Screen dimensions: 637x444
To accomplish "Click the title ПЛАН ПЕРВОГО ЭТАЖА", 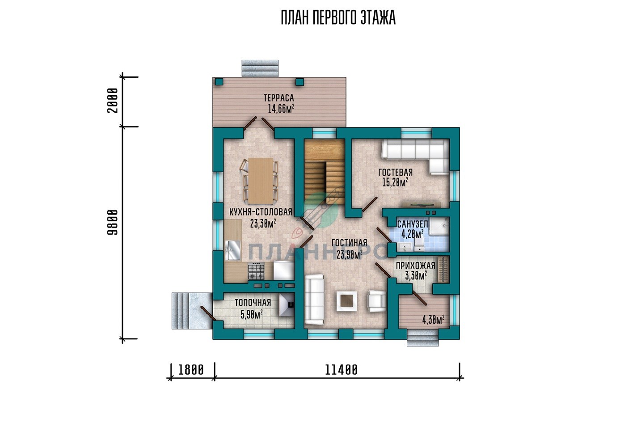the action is [x=338, y=17].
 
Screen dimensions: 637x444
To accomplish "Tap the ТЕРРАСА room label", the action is [x=278, y=98].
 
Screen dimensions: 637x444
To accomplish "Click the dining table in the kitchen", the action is [x=261, y=181].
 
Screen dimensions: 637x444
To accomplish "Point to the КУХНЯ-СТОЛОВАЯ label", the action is [x=261, y=212].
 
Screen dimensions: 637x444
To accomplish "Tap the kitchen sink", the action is [x=232, y=250].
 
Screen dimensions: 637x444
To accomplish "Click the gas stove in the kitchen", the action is [x=256, y=271].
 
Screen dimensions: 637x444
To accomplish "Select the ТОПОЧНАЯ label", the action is [x=253, y=303].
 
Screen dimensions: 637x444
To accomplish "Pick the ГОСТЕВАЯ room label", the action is [x=395, y=172].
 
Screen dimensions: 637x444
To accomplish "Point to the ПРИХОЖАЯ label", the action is [x=415, y=266].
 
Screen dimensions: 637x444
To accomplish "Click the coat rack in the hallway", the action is [x=443, y=270].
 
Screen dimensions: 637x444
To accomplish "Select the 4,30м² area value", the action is [x=434, y=320].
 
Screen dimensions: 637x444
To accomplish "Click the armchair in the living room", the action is [x=377, y=301].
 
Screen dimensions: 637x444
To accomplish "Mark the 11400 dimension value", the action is [x=341, y=370].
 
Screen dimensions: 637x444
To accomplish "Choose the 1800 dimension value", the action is [x=191, y=370].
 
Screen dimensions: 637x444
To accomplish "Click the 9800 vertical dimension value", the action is [x=112, y=222].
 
